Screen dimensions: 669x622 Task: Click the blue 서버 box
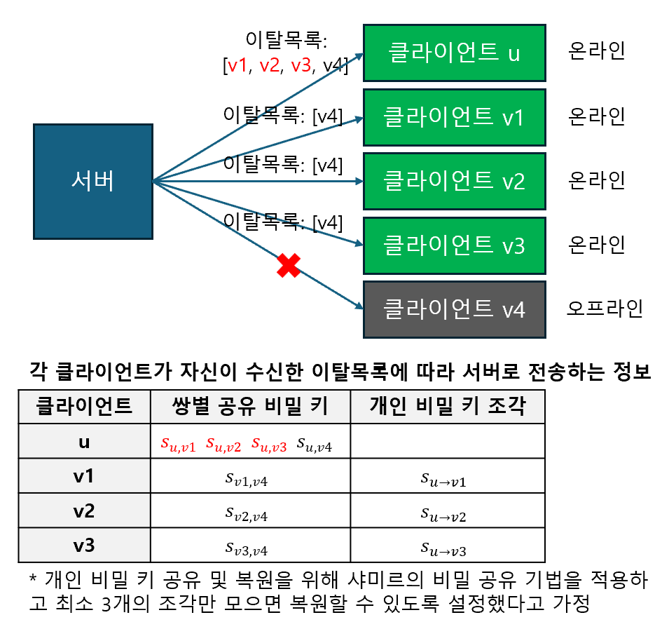tap(92, 182)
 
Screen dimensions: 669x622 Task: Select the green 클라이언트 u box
tap(454, 53)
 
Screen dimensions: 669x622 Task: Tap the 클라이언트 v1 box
tap(454, 117)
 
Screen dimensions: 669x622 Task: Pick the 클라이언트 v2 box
tap(454, 181)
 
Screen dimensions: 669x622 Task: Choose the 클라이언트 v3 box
tap(454, 245)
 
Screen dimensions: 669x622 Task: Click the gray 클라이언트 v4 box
tap(454, 309)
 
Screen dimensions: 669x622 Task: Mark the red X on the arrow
tap(288, 266)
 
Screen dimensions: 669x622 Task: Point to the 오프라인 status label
tap(605, 309)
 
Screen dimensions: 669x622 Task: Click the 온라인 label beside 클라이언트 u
tap(596, 51)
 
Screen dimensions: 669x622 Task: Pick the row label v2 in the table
tap(84, 511)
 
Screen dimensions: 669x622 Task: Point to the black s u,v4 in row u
tap(315, 443)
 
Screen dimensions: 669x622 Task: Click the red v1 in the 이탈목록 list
tap(238, 67)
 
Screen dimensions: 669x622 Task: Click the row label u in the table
tap(84, 442)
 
